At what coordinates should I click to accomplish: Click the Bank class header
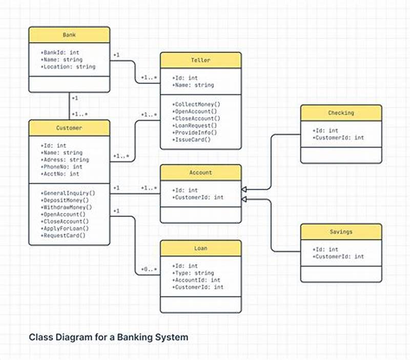pyautogui.click(x=69, y=35)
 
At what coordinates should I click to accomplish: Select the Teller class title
pyautogui.click(x=200, y=60)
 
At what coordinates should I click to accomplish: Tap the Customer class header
pyautogui.click(x=69, y=128)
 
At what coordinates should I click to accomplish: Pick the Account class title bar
pyautogui.click(x=200, y=173)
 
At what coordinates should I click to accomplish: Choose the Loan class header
pyautogui.click(x=200, y=248)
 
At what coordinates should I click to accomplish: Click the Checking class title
pyautogui.click(x=341, y=113)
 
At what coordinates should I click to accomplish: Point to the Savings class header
pyautogui.click(x=341, y=231)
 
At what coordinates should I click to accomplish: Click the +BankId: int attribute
pyautogui.click(x=60, y=52)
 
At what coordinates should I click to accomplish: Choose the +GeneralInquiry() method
pyautogui.click(x=68, y=193)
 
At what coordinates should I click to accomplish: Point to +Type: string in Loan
pyautogui.click(x=193, y=273)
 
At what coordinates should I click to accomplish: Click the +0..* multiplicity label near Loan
pyautogui.click(x=149, y=269)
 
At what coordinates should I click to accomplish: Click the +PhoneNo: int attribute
pyautogui.click(x=61, y=167)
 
